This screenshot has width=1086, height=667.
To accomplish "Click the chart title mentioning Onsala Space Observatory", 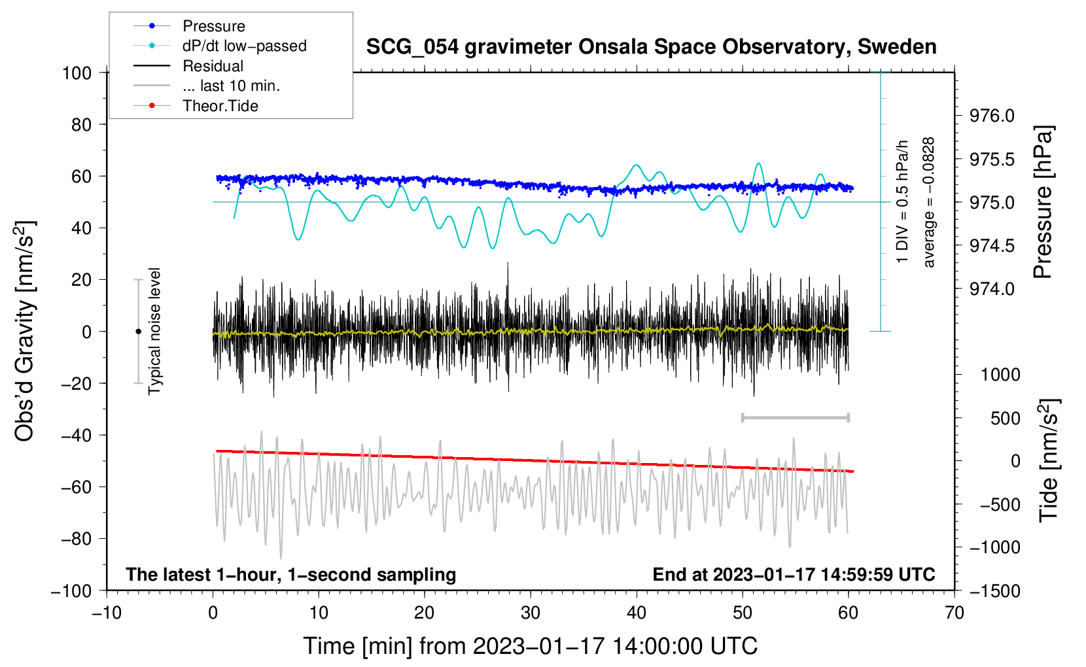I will [651, 47].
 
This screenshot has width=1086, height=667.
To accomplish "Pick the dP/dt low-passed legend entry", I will [244, 46].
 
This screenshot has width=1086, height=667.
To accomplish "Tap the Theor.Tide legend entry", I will [220, 106].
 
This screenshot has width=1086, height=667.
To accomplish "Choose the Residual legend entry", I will [213, 66].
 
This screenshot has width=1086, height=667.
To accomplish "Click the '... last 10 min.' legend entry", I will [231, 86].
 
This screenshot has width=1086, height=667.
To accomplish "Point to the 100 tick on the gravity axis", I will [77, 73].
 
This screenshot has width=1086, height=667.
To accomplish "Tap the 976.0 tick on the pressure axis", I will [992, 116].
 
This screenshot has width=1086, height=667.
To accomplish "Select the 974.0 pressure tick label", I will [992, 289].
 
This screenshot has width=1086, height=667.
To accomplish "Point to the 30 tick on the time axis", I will [531, 613].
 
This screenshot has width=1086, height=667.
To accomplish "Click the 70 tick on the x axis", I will [955, 613].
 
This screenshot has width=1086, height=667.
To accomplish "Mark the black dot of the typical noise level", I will [138, 332].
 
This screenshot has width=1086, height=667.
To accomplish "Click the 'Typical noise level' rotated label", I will [154, 331].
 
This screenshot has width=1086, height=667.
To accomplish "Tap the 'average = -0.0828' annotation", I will [929, 202].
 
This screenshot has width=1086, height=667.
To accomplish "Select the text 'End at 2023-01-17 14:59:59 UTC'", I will [794, 575].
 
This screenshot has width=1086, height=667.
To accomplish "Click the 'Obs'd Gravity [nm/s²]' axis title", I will [25, 331].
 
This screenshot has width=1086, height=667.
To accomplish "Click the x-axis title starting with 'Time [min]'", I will [531, 646].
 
